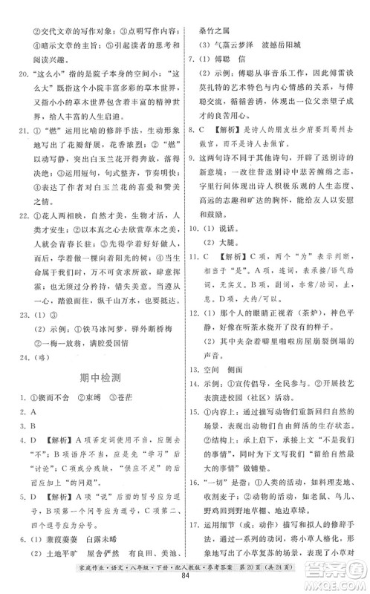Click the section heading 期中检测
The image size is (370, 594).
tap(100, 378)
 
